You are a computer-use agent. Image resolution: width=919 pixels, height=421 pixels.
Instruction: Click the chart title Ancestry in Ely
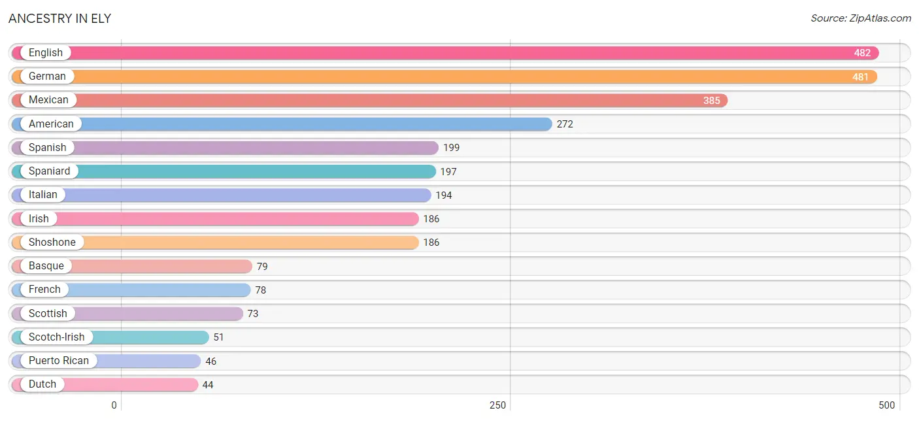pyautogui.click(x=60, y=18)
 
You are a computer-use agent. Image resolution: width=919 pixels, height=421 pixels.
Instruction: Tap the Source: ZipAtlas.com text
pyautogui.click(x=860, y=18)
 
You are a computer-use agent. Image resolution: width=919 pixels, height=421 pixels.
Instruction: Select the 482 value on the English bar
pyautogui.click(x=862, y=53)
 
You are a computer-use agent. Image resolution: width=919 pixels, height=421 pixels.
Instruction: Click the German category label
pyautogui.click(x=47, y=76)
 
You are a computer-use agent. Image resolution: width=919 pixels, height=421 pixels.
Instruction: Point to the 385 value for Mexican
pyautogui.click(x=711, y=101)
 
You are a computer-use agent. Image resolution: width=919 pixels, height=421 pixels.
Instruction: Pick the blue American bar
pyautogui.click(x=282, y=124)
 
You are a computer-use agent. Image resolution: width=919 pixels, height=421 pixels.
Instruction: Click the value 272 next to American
pyautogui.click(x=565, y=124)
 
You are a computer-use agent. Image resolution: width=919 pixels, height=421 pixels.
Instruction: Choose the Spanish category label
pyautogui.click(x=47, y=147)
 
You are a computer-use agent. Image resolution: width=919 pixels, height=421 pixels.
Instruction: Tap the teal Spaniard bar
pyautogui.click(x=224, y=171)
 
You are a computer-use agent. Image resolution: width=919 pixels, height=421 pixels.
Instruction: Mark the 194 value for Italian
pyautogui.click(x=444, y=195)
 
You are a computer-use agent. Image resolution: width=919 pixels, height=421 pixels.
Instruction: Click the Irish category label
pyautogui.click(x=39, y=218)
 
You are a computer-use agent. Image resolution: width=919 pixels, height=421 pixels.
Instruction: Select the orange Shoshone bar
pyautogui.click(x=215, y=242)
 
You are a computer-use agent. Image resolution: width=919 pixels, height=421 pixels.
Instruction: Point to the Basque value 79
pyautogui.click(x=262, y=266)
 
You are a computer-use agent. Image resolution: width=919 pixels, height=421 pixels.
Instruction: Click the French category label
pyautogui.click(x=44, y=290)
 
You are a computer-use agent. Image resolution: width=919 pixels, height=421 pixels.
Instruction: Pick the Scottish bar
pyautogui.click(x=127, y=314)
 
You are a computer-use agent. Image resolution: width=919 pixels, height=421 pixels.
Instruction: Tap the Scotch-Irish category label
pyautogui.click(x=57, y=337)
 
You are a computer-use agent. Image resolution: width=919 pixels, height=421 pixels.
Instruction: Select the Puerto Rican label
pyautogui.click(x=59, y=361)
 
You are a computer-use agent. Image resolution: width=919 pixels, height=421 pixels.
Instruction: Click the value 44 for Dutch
pyautogui.click(x=208, y=384)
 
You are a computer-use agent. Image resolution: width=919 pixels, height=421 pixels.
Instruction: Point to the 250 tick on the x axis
pyautogui.click(x=497, y=405)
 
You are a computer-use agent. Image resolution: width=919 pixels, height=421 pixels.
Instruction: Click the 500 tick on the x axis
pyautogui.click(x=886, y=405)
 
